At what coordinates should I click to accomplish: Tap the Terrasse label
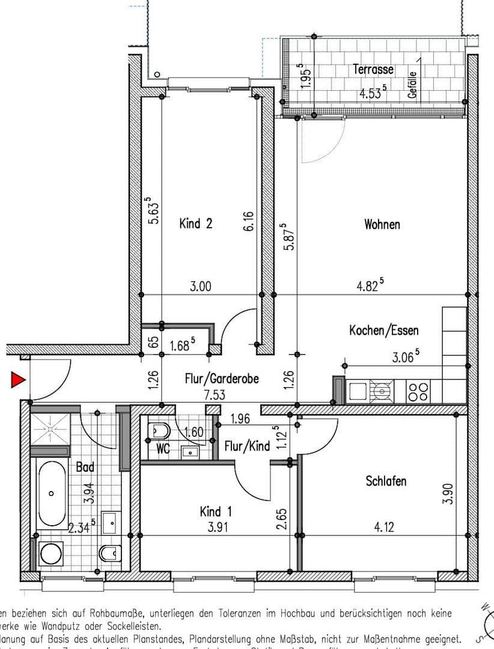(x=373, y=69)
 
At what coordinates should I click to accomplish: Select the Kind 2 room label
(x=196, y=224)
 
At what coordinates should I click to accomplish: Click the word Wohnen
(x=382, y=224)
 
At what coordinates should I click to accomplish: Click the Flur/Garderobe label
(x=222, y=379)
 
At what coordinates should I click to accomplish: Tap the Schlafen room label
(x=386, y=481)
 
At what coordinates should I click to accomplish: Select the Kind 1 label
(x=216, y=511)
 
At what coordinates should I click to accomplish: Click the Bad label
(x=85, y=466)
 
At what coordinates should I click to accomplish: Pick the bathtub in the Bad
(x=52, y=493)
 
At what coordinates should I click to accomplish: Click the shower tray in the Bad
(x=50, y=426)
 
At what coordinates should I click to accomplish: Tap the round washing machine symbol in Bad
(x=50, y=553)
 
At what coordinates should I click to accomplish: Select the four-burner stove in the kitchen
(x=418, y=392)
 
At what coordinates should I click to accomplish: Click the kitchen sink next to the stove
(x=358, y=392)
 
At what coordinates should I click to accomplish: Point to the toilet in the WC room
(x=159, y=430)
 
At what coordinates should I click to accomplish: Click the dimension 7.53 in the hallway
(x=222, y=395)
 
